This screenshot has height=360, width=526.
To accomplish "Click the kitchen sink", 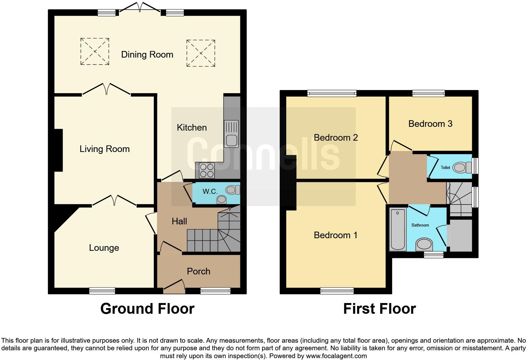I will (232, 134).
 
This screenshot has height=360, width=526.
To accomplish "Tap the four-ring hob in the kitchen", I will (206, 170).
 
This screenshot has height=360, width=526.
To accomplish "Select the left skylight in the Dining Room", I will (95, 52).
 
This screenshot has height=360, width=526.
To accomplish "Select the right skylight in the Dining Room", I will (201, 53).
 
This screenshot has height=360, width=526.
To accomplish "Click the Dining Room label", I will (147, 55).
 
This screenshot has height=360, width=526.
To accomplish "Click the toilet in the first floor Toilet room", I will (460, 167).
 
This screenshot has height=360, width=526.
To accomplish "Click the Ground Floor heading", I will (147, 309).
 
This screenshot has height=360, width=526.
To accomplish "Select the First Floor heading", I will (379, 309).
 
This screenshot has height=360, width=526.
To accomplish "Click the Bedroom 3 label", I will (430, 124).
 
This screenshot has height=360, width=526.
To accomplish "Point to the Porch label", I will (199, 271).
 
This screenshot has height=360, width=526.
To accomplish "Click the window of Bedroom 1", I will (337, 291).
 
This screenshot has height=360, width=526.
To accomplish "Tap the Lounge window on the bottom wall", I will (102, 291).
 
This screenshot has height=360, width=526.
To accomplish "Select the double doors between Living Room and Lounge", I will (114, 201).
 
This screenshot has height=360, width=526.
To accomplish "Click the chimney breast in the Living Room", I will (59, 150).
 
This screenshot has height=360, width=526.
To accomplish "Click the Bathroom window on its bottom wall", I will (434, 255).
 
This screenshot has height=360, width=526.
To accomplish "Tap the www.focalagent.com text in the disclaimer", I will (336, 356).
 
